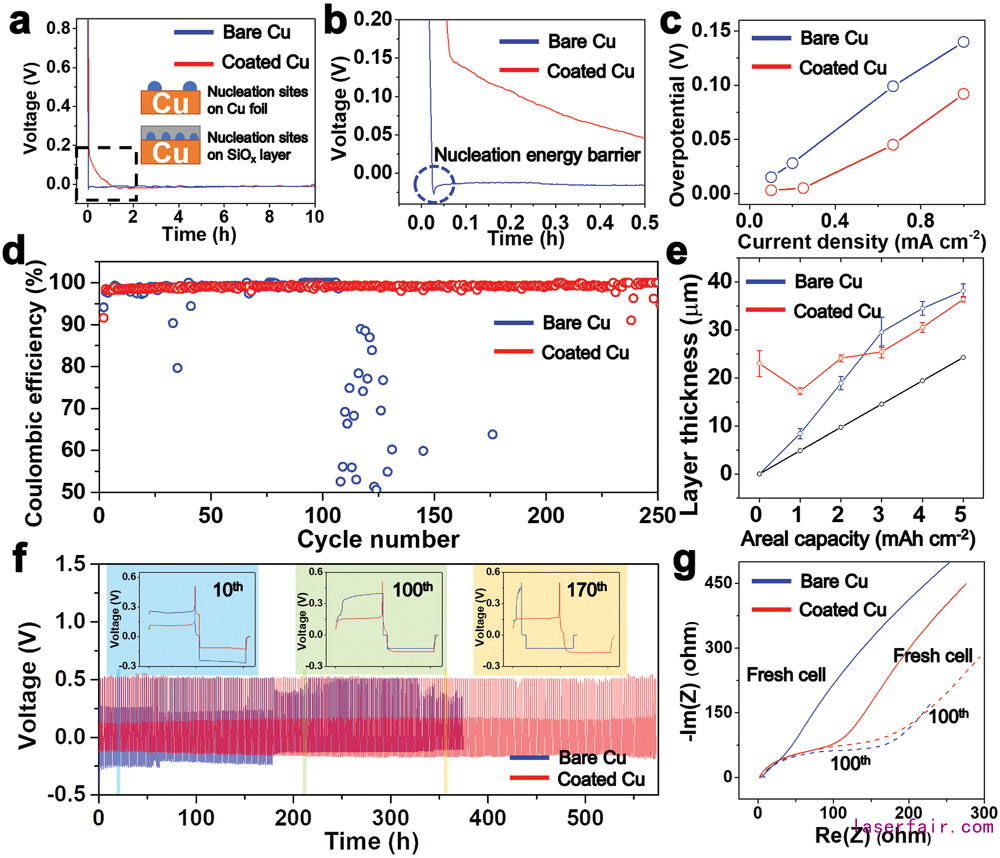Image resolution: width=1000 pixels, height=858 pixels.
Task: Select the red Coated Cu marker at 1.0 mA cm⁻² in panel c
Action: (x=964, y=94)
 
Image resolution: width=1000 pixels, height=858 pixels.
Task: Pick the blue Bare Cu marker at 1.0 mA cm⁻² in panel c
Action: (x=964, y=42)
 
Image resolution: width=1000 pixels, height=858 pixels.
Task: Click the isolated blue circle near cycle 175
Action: (x=492, y=434)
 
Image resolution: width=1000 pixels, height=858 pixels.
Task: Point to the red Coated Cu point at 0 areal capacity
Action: (x=760, y=364)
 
